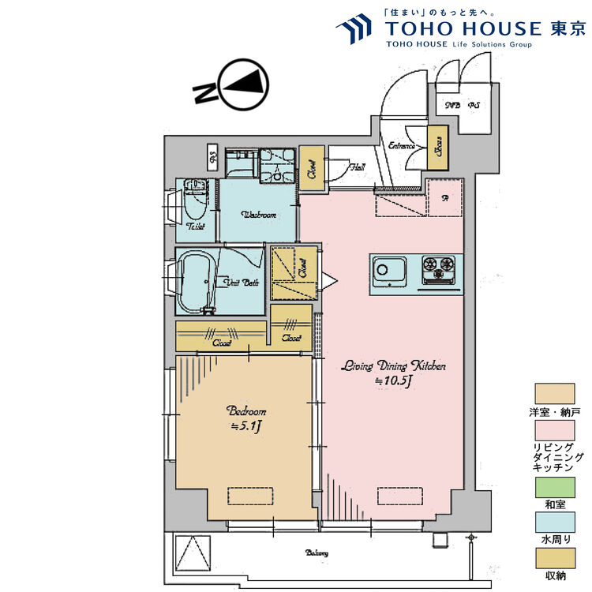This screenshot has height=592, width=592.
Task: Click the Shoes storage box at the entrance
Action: click(436, 148)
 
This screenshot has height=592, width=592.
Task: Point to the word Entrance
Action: click(403, 144)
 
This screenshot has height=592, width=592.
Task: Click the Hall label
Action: click(358, 167)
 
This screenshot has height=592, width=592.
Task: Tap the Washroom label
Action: click(258, 215)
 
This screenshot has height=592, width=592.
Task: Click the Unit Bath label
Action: click(242, 283)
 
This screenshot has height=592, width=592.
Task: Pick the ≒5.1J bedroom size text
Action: click(245, 426)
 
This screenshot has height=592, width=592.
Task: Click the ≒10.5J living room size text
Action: click(394, 381)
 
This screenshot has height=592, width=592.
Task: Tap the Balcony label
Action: click(317, 553)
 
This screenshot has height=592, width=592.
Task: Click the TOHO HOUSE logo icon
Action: click(354, 30)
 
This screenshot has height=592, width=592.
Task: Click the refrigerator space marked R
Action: click(444, 197)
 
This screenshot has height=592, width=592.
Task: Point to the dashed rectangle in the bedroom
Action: click(250, 496)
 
